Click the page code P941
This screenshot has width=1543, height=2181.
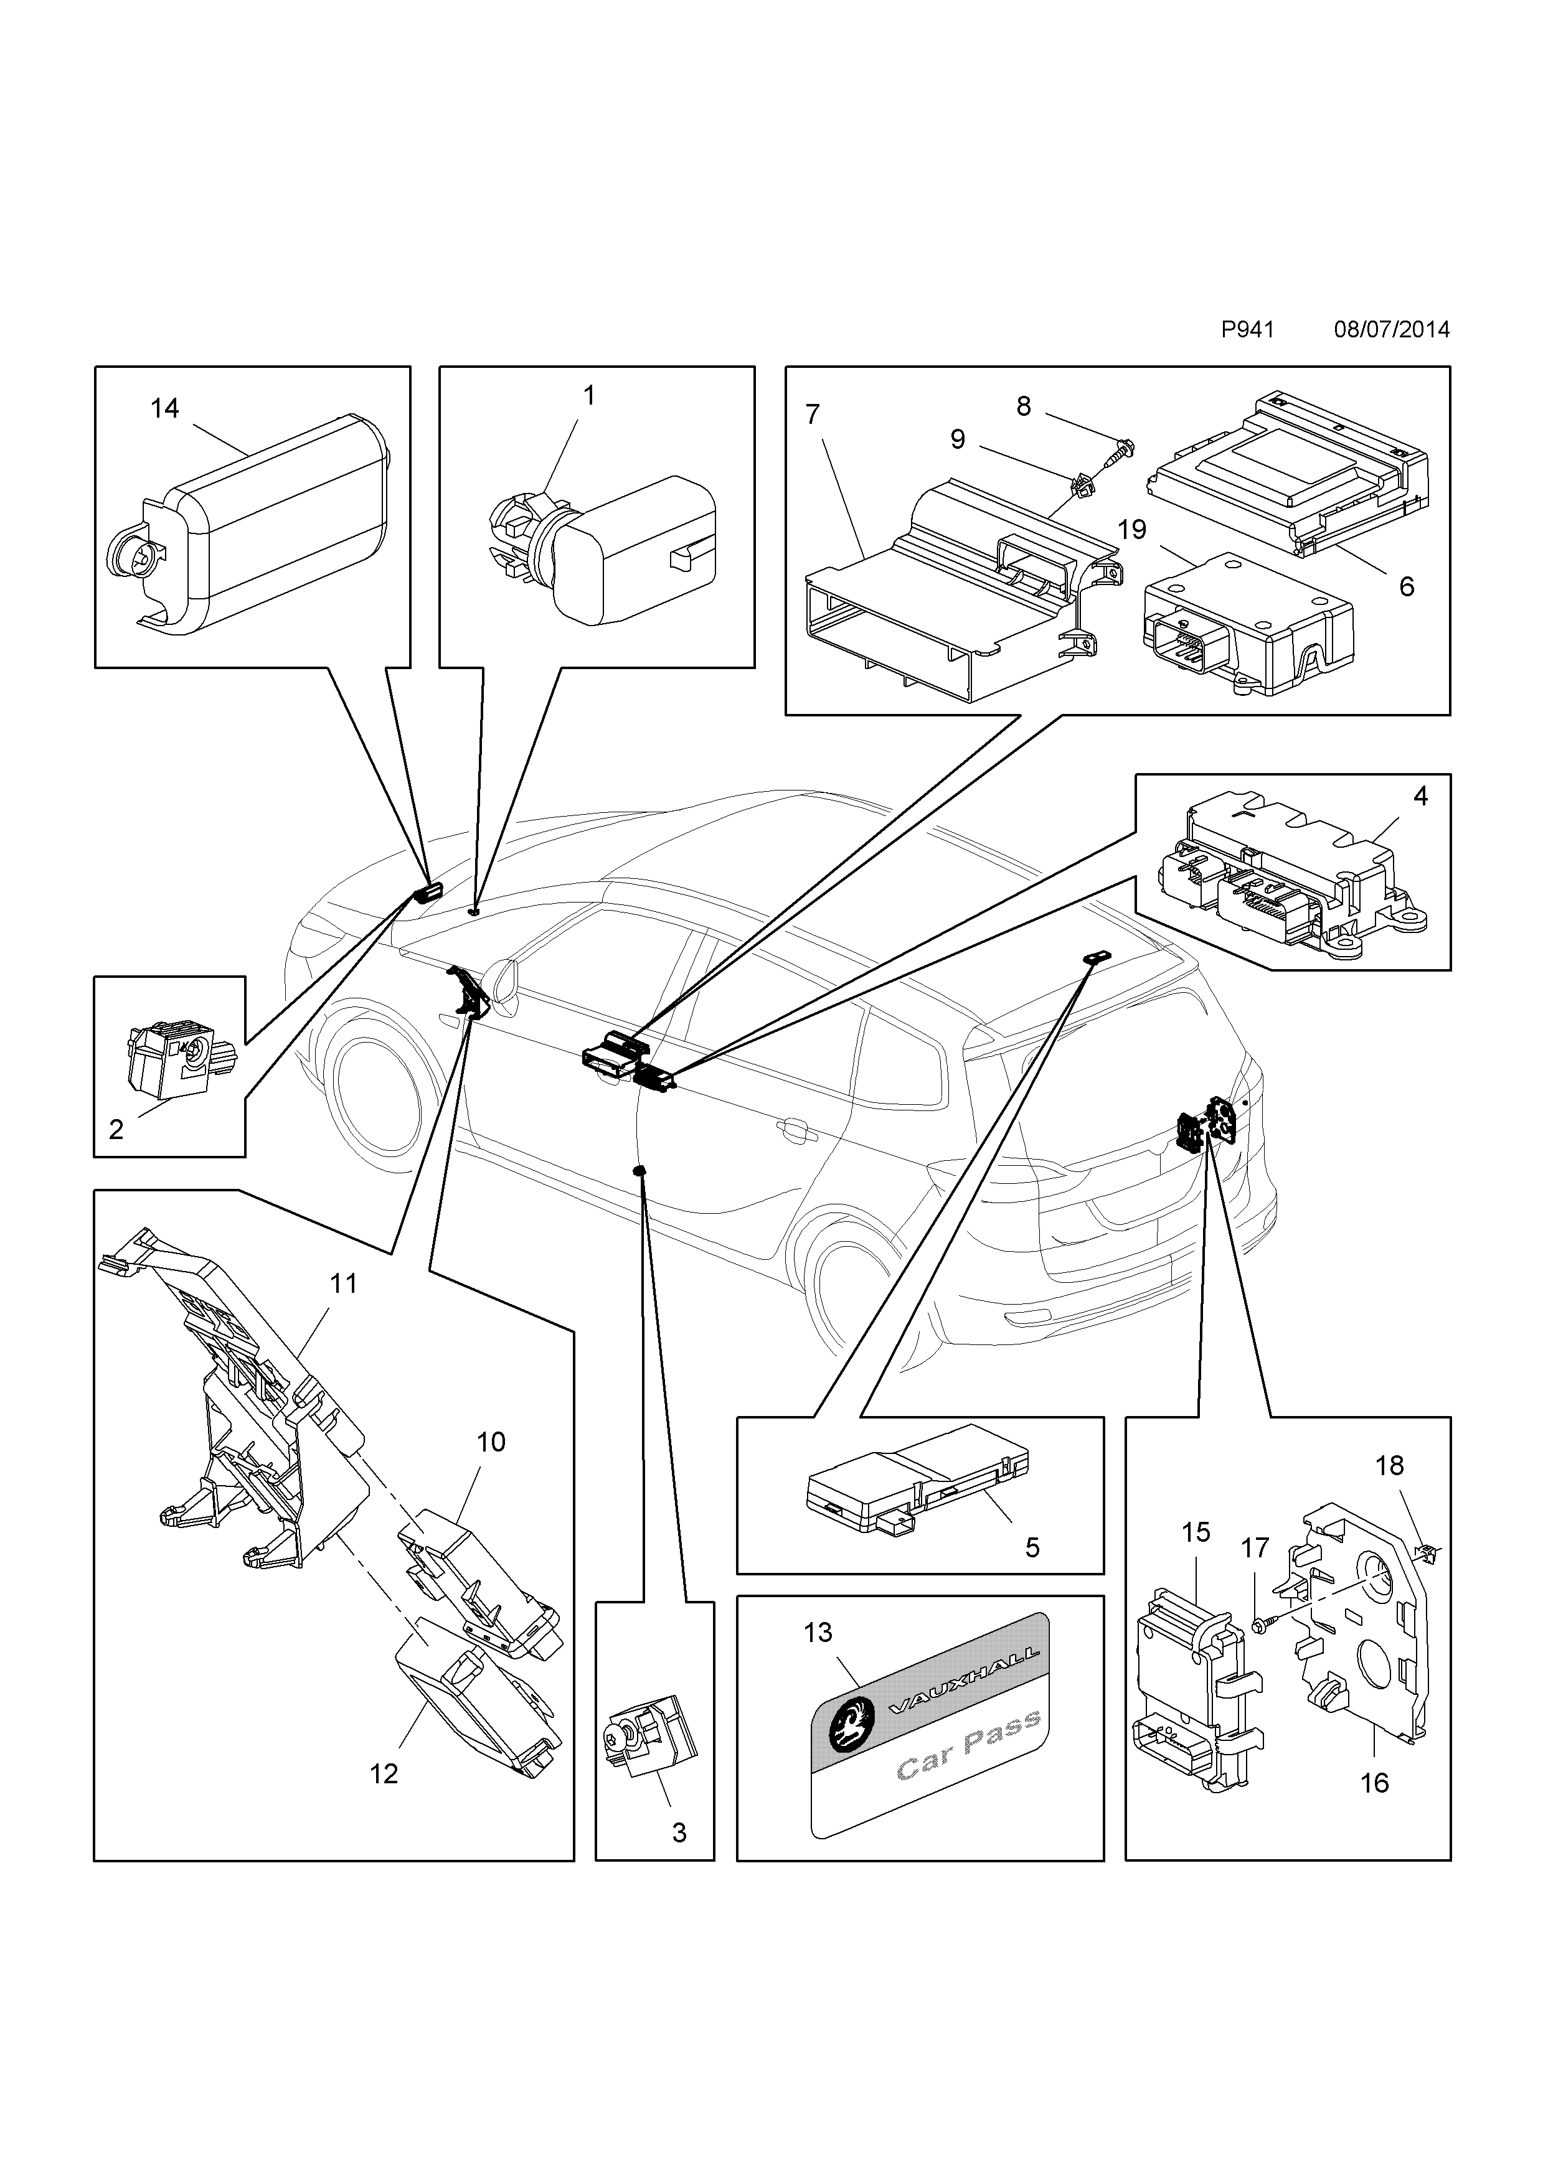[1247, 330]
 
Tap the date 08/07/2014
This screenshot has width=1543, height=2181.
[1391, 330]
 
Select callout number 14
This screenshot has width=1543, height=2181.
[164, 408]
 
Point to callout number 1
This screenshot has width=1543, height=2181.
[588, 395]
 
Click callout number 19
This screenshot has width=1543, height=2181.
[1131, 529]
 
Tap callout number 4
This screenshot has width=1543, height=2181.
[1420, 796]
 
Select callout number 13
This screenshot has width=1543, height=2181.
[818, 1632]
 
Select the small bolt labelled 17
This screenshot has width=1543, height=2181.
[1259, 1627]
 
